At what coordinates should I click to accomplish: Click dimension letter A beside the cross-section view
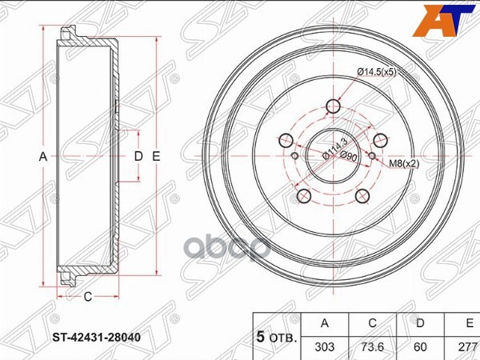(44, 157)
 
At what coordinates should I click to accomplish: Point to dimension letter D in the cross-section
(138, 156)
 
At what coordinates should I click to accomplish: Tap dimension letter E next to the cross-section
(157, 156)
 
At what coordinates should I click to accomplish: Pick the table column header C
(370, 322)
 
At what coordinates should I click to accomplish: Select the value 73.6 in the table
(370, 348)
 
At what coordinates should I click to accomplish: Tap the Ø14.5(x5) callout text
(376, 72)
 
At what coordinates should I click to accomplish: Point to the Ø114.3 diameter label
(334, 150)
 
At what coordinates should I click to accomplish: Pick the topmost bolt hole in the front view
(334, 106)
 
